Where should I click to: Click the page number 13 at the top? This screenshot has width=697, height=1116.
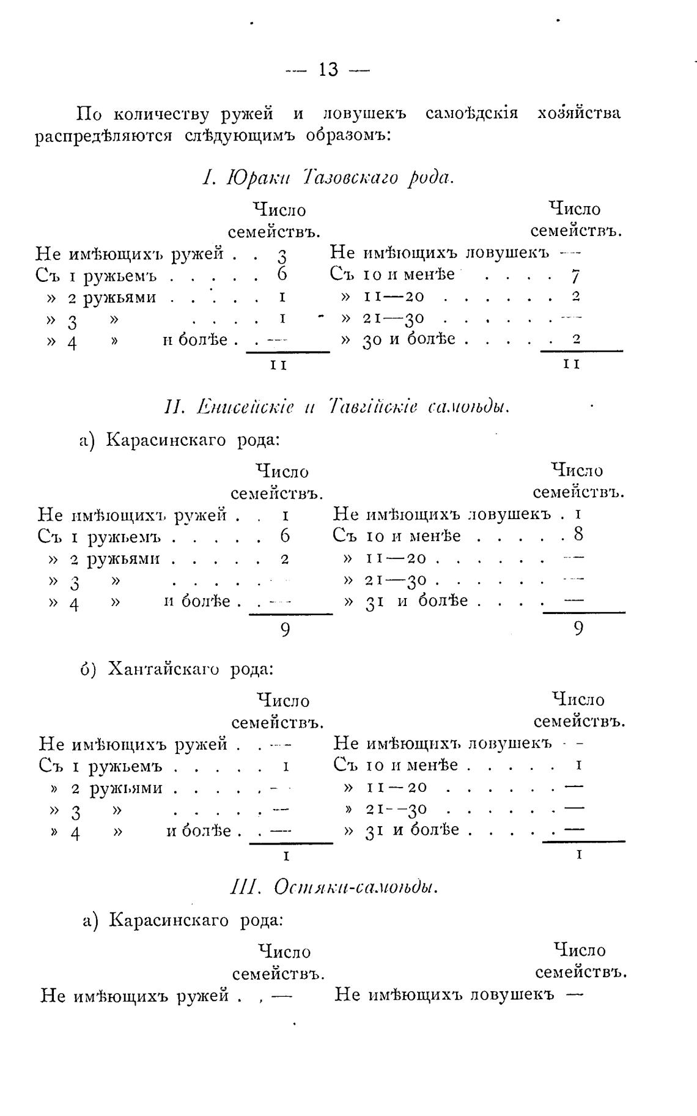(328, 70)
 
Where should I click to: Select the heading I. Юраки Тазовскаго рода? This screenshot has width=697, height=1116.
(328, 178)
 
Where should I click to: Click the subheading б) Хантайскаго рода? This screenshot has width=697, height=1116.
(177, 668)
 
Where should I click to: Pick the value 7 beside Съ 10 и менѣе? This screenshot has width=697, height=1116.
(575, 276)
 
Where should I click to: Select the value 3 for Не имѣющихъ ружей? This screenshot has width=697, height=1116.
(282, 255)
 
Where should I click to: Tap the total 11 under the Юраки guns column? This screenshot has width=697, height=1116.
(279, 365)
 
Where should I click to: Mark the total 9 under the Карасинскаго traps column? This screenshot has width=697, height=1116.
(578, 628)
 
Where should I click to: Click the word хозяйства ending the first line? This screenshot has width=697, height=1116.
(578, 114)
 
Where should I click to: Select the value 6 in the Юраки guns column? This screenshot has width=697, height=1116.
(282, 275)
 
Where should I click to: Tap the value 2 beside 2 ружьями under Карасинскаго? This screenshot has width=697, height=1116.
(284, 558)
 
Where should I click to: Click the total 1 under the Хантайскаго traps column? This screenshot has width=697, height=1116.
(578, 854)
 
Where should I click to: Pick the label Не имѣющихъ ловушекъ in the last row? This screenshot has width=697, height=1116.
(444, 994)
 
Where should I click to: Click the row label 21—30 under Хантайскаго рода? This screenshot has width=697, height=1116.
(396, 809)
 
